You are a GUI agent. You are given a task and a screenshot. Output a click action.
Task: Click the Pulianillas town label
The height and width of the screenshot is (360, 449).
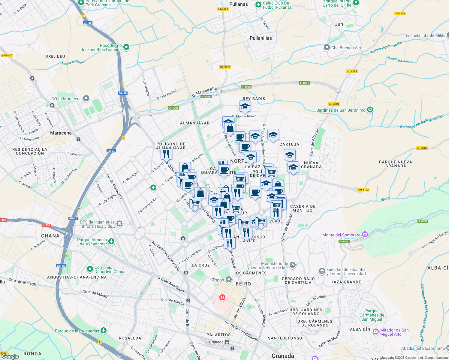click(261, 38)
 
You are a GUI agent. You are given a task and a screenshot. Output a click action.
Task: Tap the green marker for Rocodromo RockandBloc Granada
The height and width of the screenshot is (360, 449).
click(126, 47)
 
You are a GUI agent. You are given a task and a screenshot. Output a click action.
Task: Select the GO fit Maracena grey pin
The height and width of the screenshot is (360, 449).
click(86, 98)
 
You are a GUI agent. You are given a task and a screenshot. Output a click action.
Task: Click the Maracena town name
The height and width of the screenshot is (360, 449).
click(61, 133)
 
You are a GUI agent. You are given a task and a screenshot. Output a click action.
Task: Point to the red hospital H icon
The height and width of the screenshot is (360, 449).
click(222, 297)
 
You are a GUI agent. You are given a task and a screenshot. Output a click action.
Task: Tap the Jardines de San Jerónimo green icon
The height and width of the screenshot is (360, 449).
click(370, 110)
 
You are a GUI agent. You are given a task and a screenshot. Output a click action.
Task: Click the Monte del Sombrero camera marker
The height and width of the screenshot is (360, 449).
click(365, 235)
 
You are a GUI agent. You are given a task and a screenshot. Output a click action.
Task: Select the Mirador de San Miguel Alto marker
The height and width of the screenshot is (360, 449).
click(375, 331)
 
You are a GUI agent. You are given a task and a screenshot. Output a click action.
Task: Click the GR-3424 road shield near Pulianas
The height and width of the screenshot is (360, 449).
click(223, 9)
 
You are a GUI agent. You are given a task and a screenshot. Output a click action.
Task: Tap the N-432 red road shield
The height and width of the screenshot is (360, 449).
click(46, 225)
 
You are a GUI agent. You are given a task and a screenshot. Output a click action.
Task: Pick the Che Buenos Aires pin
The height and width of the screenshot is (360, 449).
click(327, 47)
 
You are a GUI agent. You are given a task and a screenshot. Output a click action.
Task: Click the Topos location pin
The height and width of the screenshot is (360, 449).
click(229, 280)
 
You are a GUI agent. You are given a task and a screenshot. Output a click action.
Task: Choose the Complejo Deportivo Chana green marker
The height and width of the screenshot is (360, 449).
click(90, 269)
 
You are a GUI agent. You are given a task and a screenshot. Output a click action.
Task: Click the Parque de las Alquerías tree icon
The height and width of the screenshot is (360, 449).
click(104, 330)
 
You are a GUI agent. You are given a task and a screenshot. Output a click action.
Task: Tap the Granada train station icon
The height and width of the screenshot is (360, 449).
click(227, 342)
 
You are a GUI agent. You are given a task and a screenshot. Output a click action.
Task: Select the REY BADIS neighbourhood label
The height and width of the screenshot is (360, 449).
click(254, 99)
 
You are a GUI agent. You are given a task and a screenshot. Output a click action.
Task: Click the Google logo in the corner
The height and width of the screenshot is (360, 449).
click(10, 356)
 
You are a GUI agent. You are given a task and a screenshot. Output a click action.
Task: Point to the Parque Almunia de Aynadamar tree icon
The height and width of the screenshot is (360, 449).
click(111, 241)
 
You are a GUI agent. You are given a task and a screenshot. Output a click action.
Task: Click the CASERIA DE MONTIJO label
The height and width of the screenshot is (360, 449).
click(303, 208)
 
